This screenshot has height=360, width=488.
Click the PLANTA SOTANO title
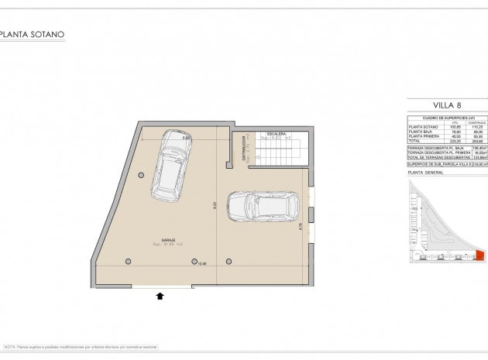coord(33,35)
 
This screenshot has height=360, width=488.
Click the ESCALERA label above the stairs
coord(277,135)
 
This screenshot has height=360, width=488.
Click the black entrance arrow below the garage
coord(160,295)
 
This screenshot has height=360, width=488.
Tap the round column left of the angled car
coord(141,175)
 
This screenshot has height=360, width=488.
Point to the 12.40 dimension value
coord(203,263)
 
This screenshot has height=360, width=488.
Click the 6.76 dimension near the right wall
coord(300,225)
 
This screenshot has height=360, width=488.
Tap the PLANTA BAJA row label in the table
coord(420,131)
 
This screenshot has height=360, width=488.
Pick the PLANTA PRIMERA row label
coord(422,136)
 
